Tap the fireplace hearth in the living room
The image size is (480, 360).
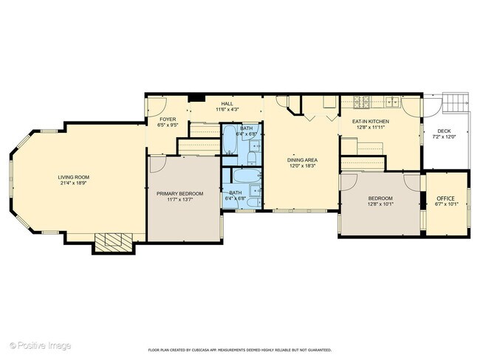113,241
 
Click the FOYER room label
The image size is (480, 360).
167,119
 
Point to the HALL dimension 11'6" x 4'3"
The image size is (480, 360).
226,110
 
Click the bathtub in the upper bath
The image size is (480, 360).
230,135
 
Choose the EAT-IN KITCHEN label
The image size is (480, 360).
370,121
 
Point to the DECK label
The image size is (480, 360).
444,131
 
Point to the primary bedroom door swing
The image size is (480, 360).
156,163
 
